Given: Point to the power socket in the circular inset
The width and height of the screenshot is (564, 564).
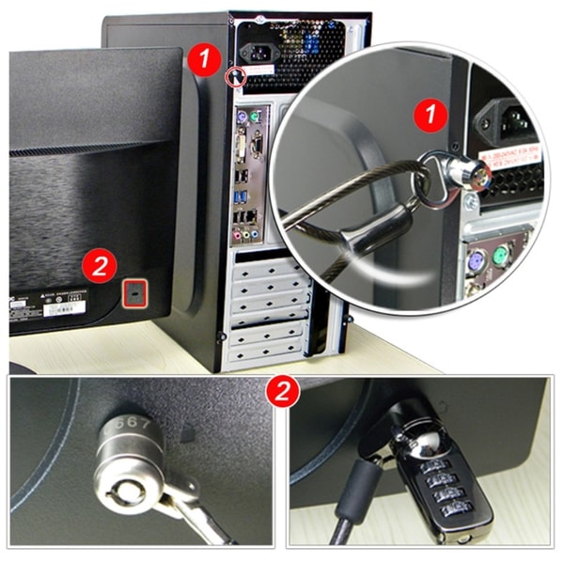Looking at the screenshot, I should point(506,117).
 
